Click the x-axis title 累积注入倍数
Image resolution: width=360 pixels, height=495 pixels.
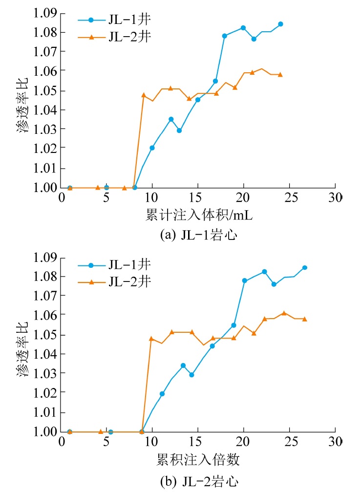tap(198, 460)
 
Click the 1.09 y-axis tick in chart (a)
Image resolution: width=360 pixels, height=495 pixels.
tap(45, 13)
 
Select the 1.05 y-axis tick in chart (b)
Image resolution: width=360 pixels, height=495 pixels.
tap(45, 335)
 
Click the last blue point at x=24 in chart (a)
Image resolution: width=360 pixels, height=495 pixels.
tap(280, 24)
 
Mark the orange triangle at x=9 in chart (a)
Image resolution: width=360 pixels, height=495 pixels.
tap(144, 95)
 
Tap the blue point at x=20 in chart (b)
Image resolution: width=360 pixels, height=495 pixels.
tap(244, 281)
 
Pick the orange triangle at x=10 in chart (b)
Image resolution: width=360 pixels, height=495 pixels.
tap(151, 338)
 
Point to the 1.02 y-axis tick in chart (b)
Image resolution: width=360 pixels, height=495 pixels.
tap(45, 392)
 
